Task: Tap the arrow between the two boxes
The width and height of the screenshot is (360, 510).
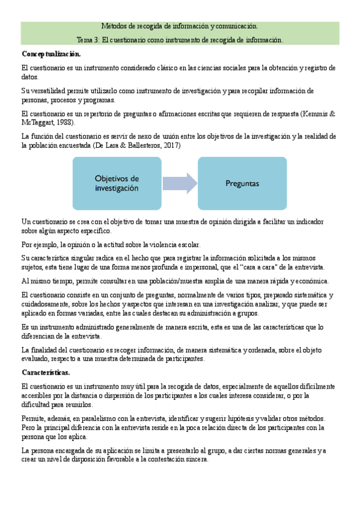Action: [180, 183]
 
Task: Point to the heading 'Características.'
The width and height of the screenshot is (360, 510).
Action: [46, 372]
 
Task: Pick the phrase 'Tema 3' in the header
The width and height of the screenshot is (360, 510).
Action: [89, 40]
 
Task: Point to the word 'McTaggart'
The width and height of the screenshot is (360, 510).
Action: [38, 122]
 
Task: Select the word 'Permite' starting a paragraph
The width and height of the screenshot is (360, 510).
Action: [32, 418]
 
